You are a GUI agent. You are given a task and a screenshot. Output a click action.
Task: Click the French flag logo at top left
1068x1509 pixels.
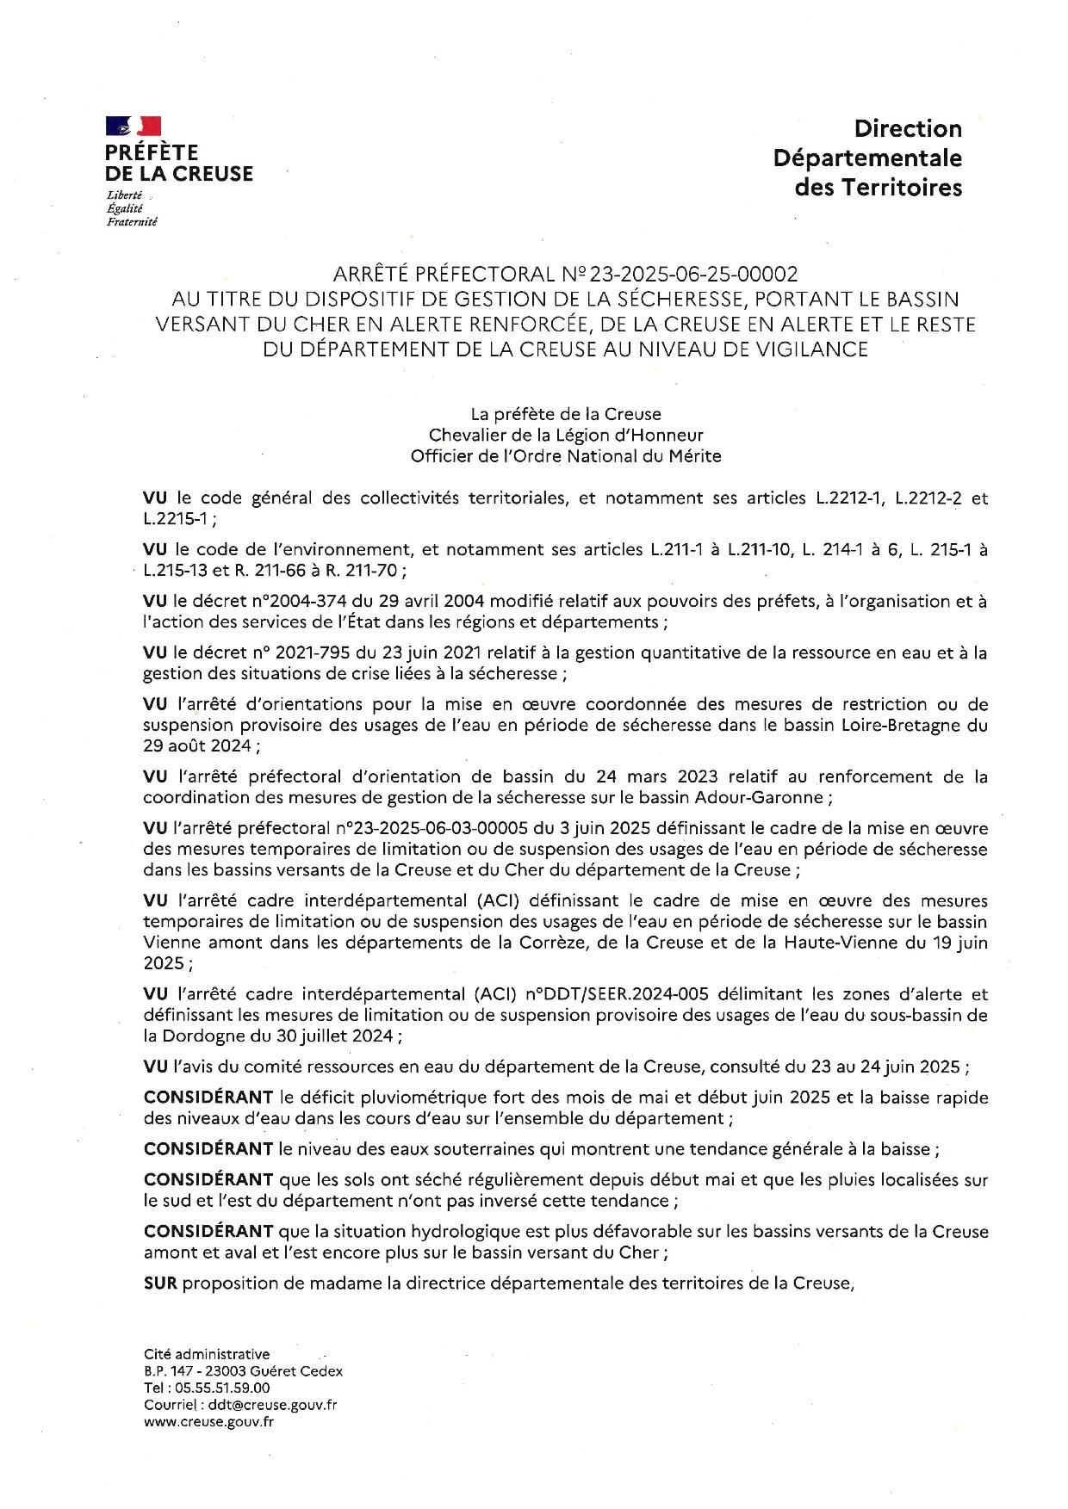133,126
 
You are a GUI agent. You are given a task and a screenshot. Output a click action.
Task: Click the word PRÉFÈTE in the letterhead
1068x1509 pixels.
152,152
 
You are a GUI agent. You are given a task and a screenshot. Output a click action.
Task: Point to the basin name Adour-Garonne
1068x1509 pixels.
764,797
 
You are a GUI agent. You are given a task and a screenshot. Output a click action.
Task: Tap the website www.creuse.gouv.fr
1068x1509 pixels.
209,1422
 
